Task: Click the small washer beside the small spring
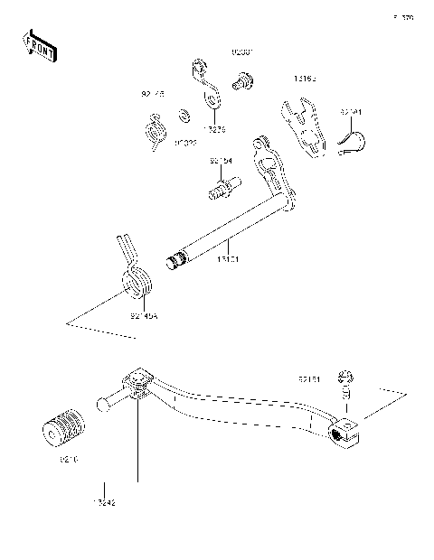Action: coord(184,116)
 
